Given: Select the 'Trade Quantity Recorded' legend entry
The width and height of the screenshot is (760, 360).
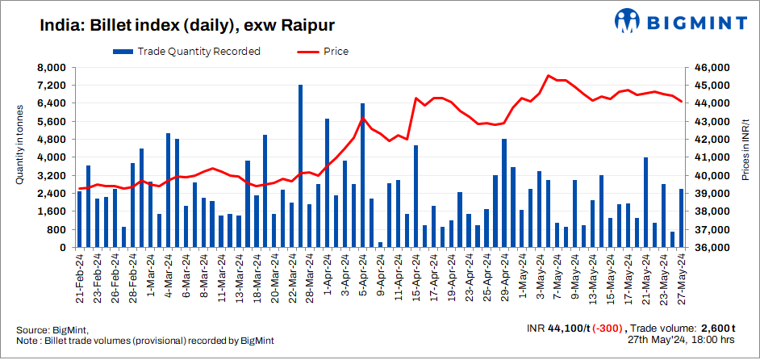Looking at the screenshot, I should point(186,52).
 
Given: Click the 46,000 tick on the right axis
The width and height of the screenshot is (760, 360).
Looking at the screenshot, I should point(712,67).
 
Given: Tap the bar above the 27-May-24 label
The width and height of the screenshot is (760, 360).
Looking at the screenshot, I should point(681,218).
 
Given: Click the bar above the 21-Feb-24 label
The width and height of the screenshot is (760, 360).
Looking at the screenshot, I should point(80,219).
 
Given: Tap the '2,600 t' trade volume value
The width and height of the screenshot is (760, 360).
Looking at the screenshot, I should point(717,329).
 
